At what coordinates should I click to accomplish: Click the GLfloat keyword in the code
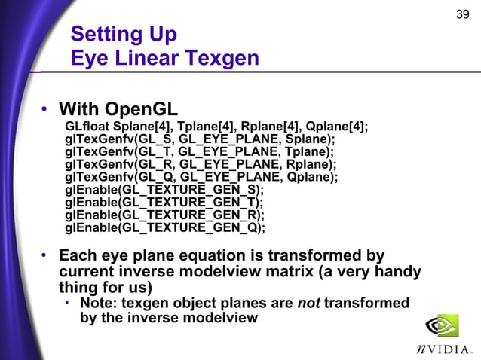pyautogui.click(x=87, y=126)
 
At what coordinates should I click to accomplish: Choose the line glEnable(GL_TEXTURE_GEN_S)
pyautogui.click(x=165, y=190)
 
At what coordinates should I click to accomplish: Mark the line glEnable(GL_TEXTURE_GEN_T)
pyautogui.click(x=164, y=203)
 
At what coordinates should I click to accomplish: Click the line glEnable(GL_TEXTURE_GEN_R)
pyautogui.click(x=165, y=215)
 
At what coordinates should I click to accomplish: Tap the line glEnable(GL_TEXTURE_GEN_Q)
pyautogui.click(x=165, y=228)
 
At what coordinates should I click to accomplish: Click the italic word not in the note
pyautogui.click(x=311, y=303)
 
